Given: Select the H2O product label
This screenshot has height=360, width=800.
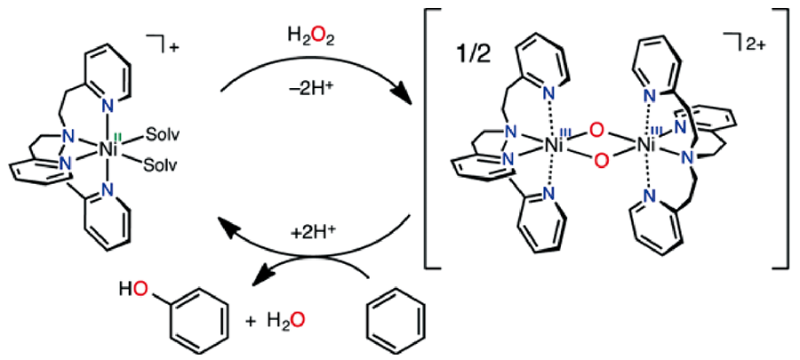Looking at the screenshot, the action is pos(287,320).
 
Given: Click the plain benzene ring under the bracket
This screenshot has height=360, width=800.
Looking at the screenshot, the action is pos(396,320).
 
